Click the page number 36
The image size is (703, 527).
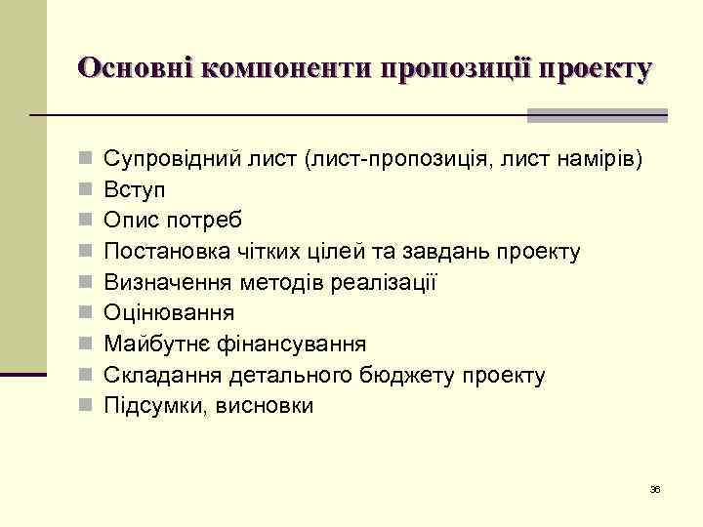(x=655, y=489)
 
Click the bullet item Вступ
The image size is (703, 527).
(x=133, y=190)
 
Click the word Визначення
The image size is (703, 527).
(x=161, y=283)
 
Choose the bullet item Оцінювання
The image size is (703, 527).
(x=169, y=313)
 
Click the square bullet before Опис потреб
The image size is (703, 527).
(x=87, y=221)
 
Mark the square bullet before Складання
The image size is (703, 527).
(x=87, y=375)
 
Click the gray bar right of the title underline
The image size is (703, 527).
(x=597, y=115)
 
